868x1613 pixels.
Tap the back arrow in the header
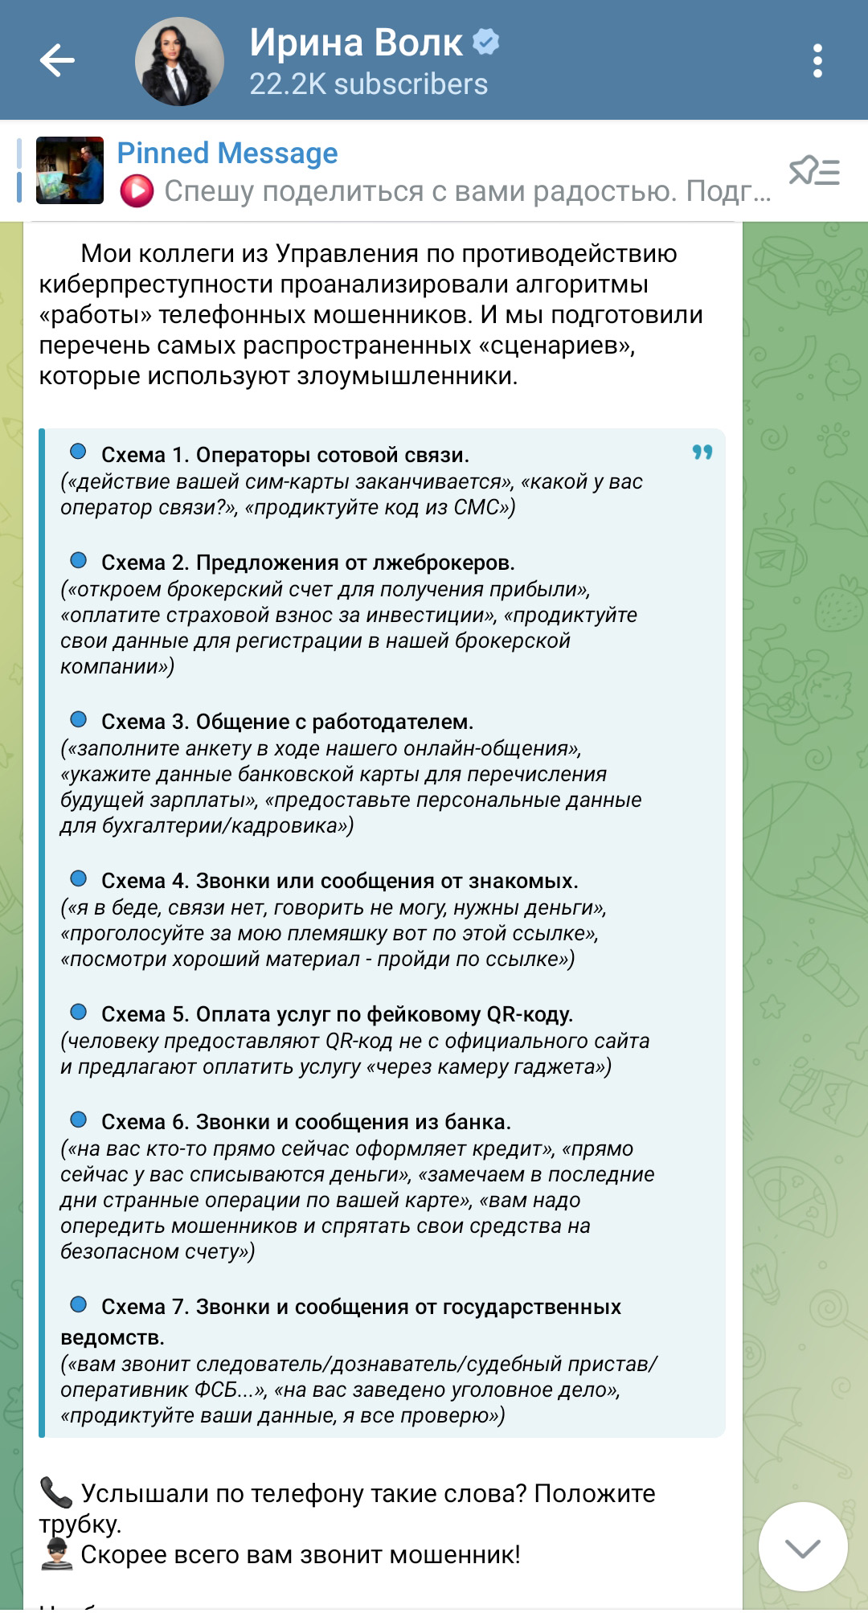[57, 61]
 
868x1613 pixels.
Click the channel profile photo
[179, 62]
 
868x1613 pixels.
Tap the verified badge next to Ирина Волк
[485, 41]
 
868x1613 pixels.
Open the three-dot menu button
[817, 61]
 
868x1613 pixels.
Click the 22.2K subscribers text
[368, 84]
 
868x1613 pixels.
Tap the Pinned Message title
[227, 153]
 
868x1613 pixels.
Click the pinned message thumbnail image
[70, 170]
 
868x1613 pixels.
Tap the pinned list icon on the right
[814, 171]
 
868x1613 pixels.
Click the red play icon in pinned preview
[137, 191]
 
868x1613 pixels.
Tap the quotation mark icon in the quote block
[702, 452]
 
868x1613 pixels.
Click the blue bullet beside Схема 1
[79, 452]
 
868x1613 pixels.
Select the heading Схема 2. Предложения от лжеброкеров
[308, 563]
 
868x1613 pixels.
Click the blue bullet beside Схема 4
[79, 878]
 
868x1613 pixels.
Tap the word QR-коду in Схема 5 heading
[530, 1014]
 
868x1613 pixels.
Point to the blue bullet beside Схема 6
[79, 1120]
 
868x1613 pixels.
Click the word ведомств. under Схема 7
[113, 1337]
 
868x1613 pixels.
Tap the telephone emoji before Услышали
[55, 1492]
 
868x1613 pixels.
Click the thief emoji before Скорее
[55, 1554]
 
